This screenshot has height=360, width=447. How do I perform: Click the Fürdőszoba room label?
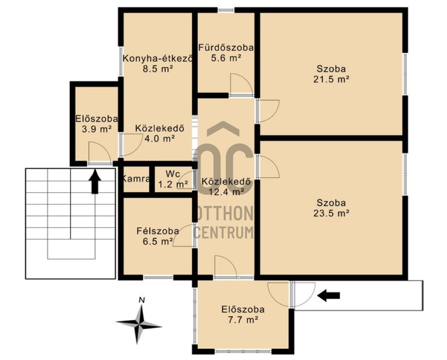pyautogui.click(x=226, y=47)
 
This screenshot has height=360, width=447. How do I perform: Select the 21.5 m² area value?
pyautogui.click(x=332, y=79)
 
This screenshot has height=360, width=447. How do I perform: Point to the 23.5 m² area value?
pyautogui.click(x=332, y=213)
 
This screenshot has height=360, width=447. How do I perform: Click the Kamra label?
pyautogui.click(x=136, y=179)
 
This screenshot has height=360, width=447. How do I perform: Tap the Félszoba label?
pyautogui.click(x=158, y=231)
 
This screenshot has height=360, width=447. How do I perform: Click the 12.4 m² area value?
pyautogui.click(x=226, y=192)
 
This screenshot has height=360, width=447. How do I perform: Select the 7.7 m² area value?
pyautogui.click(x=243, y=320)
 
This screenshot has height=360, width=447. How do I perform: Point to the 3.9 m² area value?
pyautogui.click(x=96, y=129)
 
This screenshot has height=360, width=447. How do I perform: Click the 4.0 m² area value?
pyautogui.click(x=160, y=139)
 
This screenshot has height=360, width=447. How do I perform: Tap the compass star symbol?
pyautogui.click(x=139, y=324)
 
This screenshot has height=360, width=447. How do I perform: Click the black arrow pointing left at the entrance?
pyautogui.click(x=328, y=296)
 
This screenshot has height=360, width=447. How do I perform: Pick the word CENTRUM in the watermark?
pyautogui.click(x=224, y=232)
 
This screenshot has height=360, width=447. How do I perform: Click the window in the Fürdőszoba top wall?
pyautogui.click(x=226, y=10)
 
